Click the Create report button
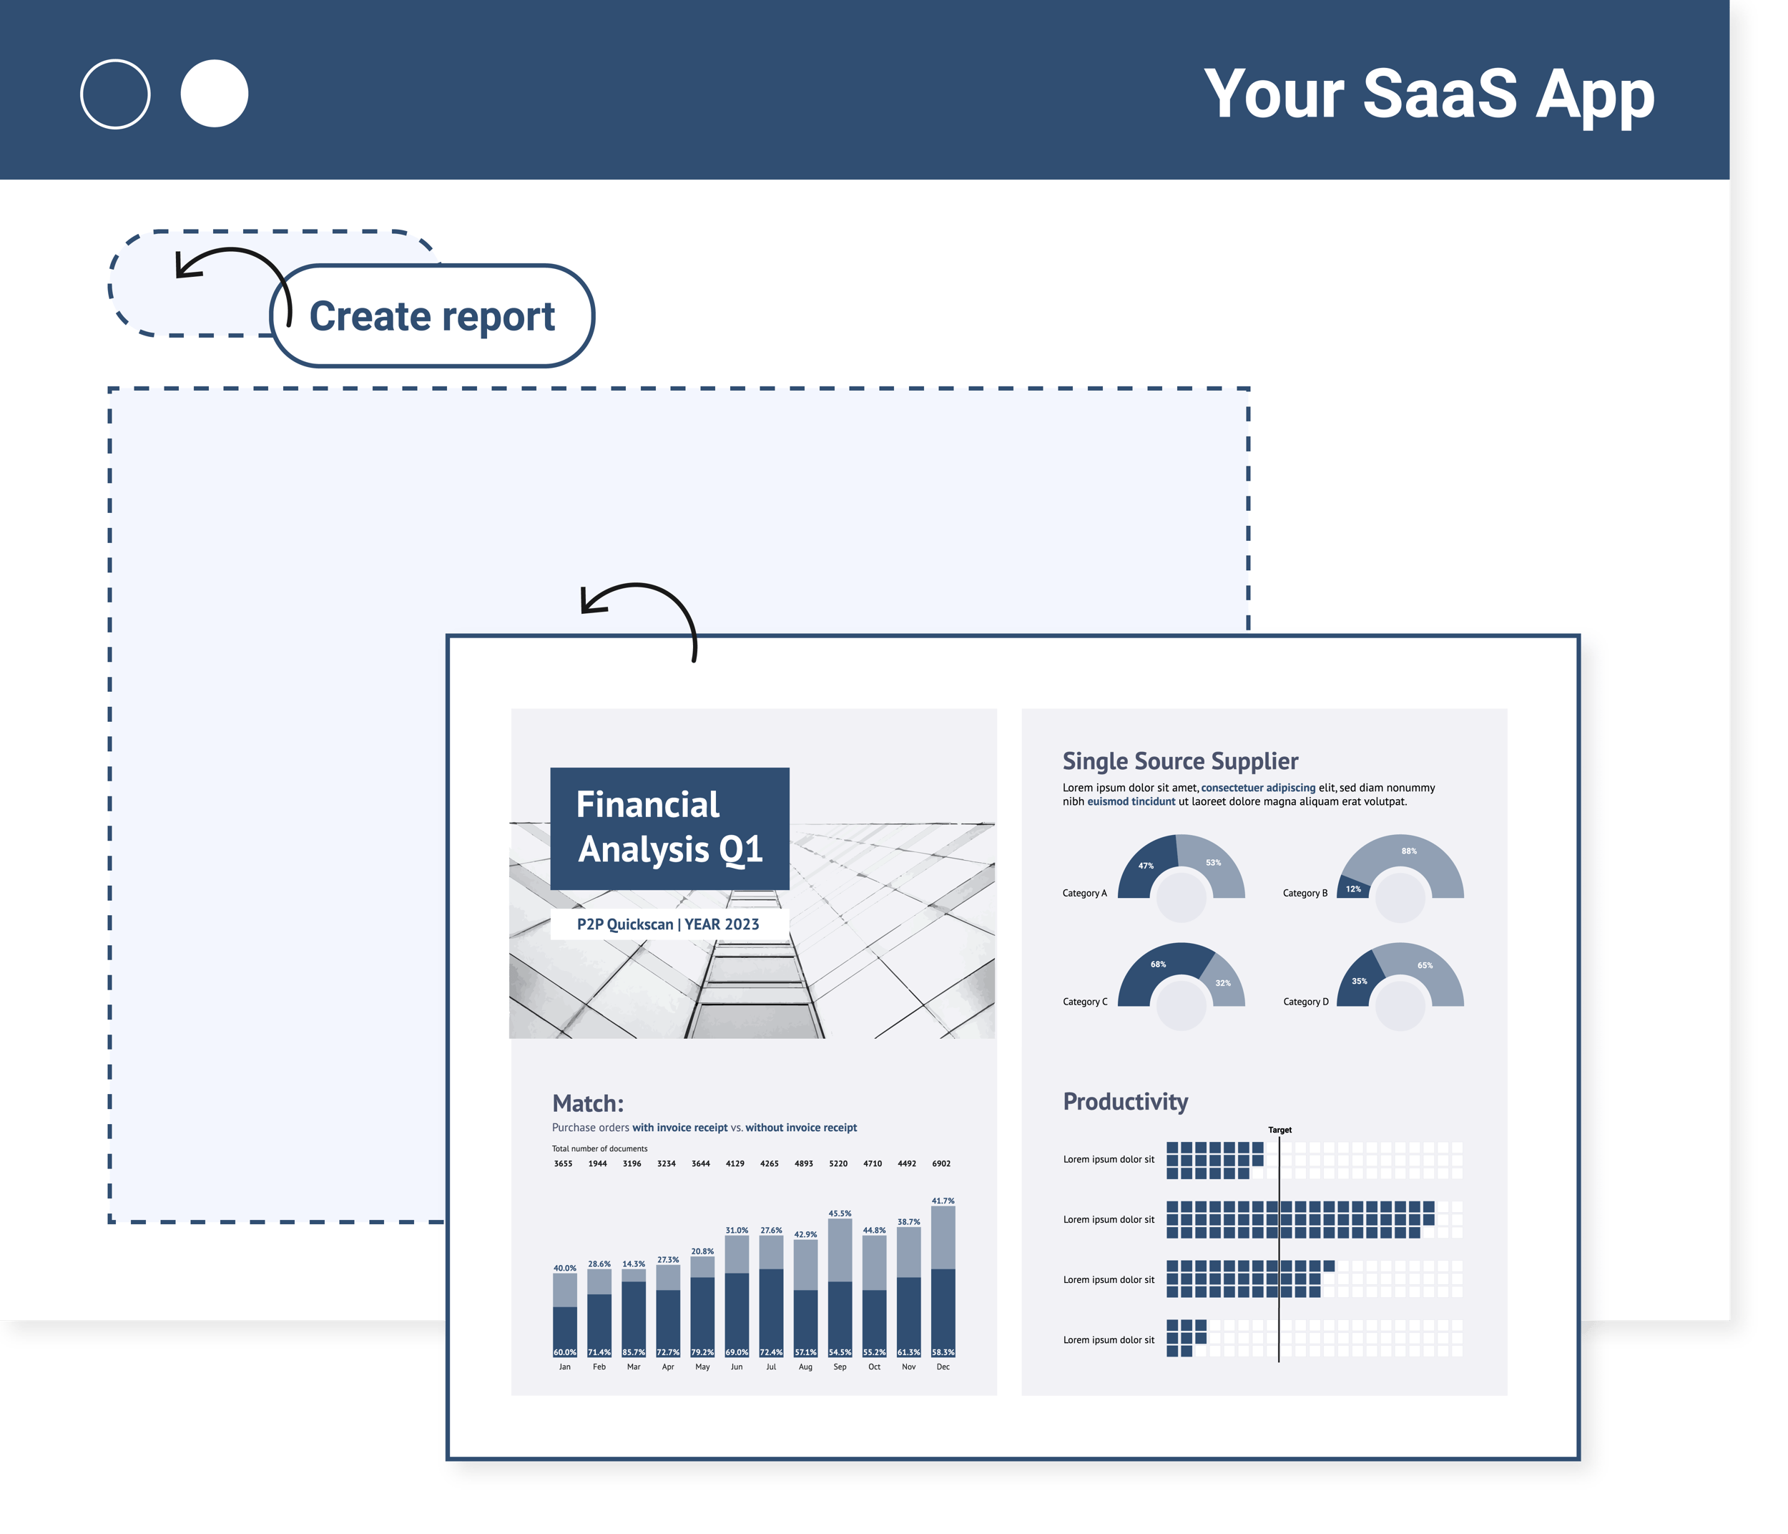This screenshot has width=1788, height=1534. pos(431,316)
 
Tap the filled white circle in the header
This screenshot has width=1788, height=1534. pos(214,93)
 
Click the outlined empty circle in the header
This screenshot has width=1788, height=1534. pos(114,93)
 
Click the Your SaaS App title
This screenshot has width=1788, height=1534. pos(1428,93)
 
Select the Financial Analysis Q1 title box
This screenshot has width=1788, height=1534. pos(669,828)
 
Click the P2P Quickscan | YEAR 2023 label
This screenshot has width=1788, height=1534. pos(668,924)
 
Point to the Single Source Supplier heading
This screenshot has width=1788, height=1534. pos(1179,761)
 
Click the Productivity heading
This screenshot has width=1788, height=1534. pos(1125,1102)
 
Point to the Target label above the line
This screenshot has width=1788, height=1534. pos(1279,1130)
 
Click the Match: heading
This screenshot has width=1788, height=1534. pos(588,1103)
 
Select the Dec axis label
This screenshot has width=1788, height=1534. pos(943,1367)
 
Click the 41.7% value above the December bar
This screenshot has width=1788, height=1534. pos(943,1201)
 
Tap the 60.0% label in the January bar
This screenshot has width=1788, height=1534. pos(564,1352)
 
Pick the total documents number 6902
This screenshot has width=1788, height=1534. pos(941,1163)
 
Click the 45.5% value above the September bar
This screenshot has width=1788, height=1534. pos(840,1213)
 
